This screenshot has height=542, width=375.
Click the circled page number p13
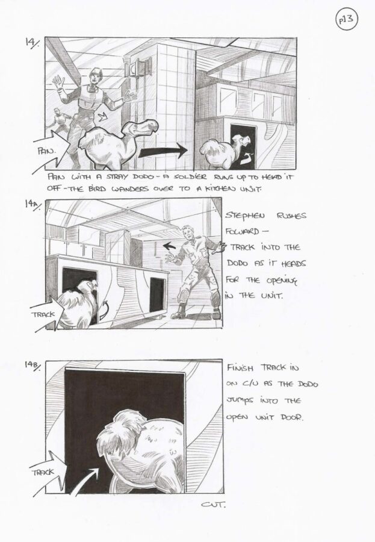[346, 19]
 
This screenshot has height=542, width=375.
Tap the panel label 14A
[33, 205]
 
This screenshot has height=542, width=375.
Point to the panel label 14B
[33, 366]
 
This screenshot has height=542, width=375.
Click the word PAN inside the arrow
[46, 151]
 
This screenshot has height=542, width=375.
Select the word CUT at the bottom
[213, 505]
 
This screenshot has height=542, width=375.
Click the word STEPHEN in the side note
[245, 216]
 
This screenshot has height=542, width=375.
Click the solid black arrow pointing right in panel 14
[163, 151]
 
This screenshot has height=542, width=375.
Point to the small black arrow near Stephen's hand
[169, 246]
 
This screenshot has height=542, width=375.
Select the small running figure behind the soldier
[62, 120]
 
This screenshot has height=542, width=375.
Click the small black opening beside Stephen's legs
[157, 294]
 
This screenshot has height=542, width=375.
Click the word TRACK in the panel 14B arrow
[43, 472]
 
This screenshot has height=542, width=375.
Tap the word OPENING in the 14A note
[281, 280]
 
